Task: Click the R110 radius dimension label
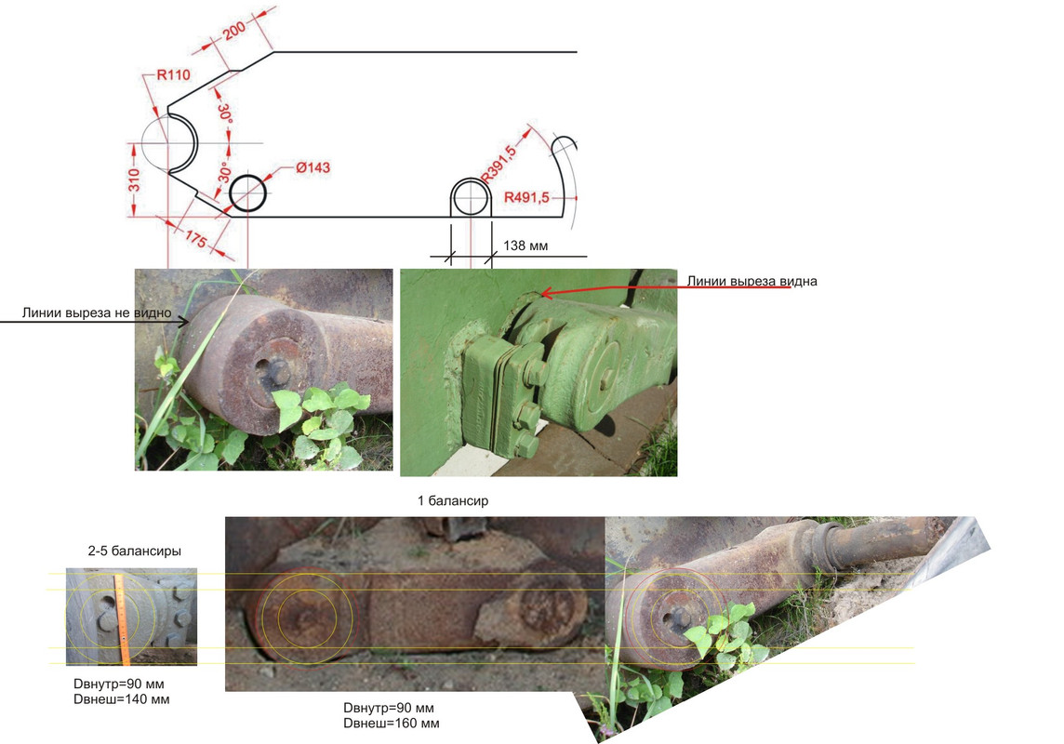[x=173, y=74]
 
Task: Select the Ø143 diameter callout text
[x=313, y=167]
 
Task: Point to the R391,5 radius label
[x=499, y=164]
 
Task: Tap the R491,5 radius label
[x=526, y=197]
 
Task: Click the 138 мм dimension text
[x=525, y=246]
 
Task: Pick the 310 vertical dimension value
[x=134, y=180]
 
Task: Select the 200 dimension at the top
[x=234, y=32]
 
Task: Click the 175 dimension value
[x=195, y=239]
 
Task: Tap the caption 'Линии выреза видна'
[x=751, y=281]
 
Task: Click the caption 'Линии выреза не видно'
[x=97, y=312]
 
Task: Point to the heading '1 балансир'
[x=453, y=500]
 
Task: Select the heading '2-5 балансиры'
[x=134, y=551]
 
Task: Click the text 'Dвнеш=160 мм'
[x=391, y=723]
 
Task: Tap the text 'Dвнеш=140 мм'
[x=122, y=699]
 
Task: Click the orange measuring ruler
[x=122, y=619]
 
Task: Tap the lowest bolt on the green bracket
[x=525, y=445]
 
